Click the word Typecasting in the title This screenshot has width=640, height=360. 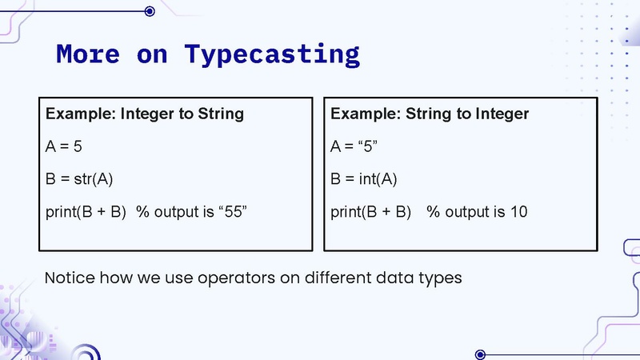[272, 54]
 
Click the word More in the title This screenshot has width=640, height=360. [87, 54]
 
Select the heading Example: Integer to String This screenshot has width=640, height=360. [144, 114]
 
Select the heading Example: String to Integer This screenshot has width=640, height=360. [430, 114]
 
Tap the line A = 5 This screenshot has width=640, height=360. [64, 146]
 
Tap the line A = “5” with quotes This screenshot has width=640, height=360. [353, 146]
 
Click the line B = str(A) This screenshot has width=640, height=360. [81, 179]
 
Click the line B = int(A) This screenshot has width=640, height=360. [364, 179]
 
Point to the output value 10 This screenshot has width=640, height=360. [518, 212]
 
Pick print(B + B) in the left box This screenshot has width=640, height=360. [86, 212]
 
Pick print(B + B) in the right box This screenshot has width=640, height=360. [370, 212]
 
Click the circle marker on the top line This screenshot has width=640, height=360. [150, 10]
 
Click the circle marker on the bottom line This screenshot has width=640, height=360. [480, 354]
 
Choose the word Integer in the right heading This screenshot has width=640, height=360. [502, 114]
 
